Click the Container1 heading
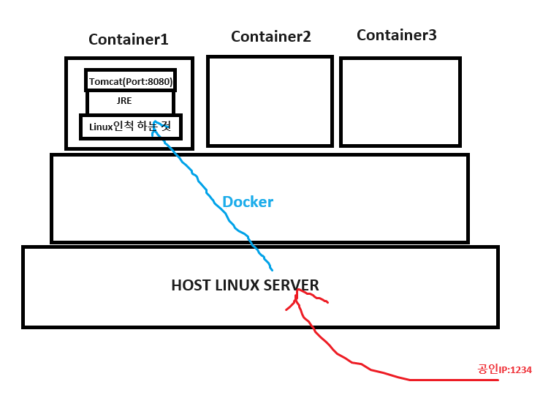pyautogui.click(x=129, y=40)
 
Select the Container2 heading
pyautogui.click(x=271, y=37)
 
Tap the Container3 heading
pyautogui.click(x=397, y=35)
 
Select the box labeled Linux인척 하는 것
pyautogui.click(x=130, y=127)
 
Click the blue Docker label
pyautogui.click(x=248, y=202)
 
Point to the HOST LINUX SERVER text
pyautogui.click(x=245, y=285)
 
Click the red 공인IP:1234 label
pyautogui.click(x=505, y=369)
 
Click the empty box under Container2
pyautogui.click(x=270, y=101)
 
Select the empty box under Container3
pyautogui.click(x=400, y=101)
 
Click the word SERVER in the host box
pyautogui.click(x=292, y=285)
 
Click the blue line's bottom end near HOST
pyautogui.click(x=272, y=269)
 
